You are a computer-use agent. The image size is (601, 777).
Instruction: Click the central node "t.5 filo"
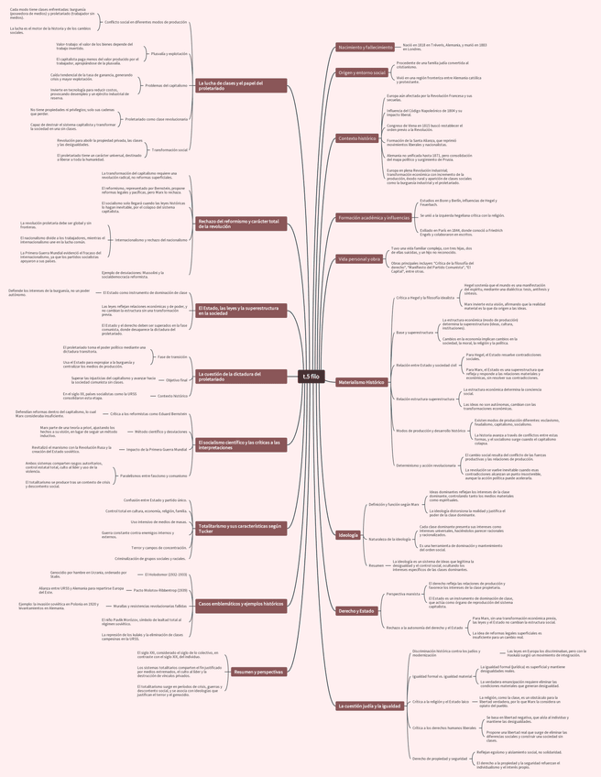point(311,376)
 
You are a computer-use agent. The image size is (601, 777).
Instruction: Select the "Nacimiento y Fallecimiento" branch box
point(365,47)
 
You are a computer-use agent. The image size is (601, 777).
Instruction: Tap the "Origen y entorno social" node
point(361,71)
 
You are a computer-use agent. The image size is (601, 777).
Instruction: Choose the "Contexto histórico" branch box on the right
point(356,138)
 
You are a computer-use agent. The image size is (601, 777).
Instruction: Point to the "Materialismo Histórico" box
point(362,381)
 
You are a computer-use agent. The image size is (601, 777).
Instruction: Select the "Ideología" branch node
point(348,534)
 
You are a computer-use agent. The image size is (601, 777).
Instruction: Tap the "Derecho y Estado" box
point(356,610)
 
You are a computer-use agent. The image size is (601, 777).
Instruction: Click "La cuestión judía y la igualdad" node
point(369,706)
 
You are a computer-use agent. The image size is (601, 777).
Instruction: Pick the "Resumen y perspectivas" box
point(257,672)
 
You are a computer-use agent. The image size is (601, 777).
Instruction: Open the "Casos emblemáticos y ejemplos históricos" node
point(241,605)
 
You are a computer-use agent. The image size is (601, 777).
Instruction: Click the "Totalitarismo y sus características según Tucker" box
point(241,528)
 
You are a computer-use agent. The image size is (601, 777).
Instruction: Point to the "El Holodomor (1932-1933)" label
point(166,575)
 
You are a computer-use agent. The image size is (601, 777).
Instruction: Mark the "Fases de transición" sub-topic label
point(171,356)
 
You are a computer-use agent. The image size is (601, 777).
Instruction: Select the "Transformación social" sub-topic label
point(169,149)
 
